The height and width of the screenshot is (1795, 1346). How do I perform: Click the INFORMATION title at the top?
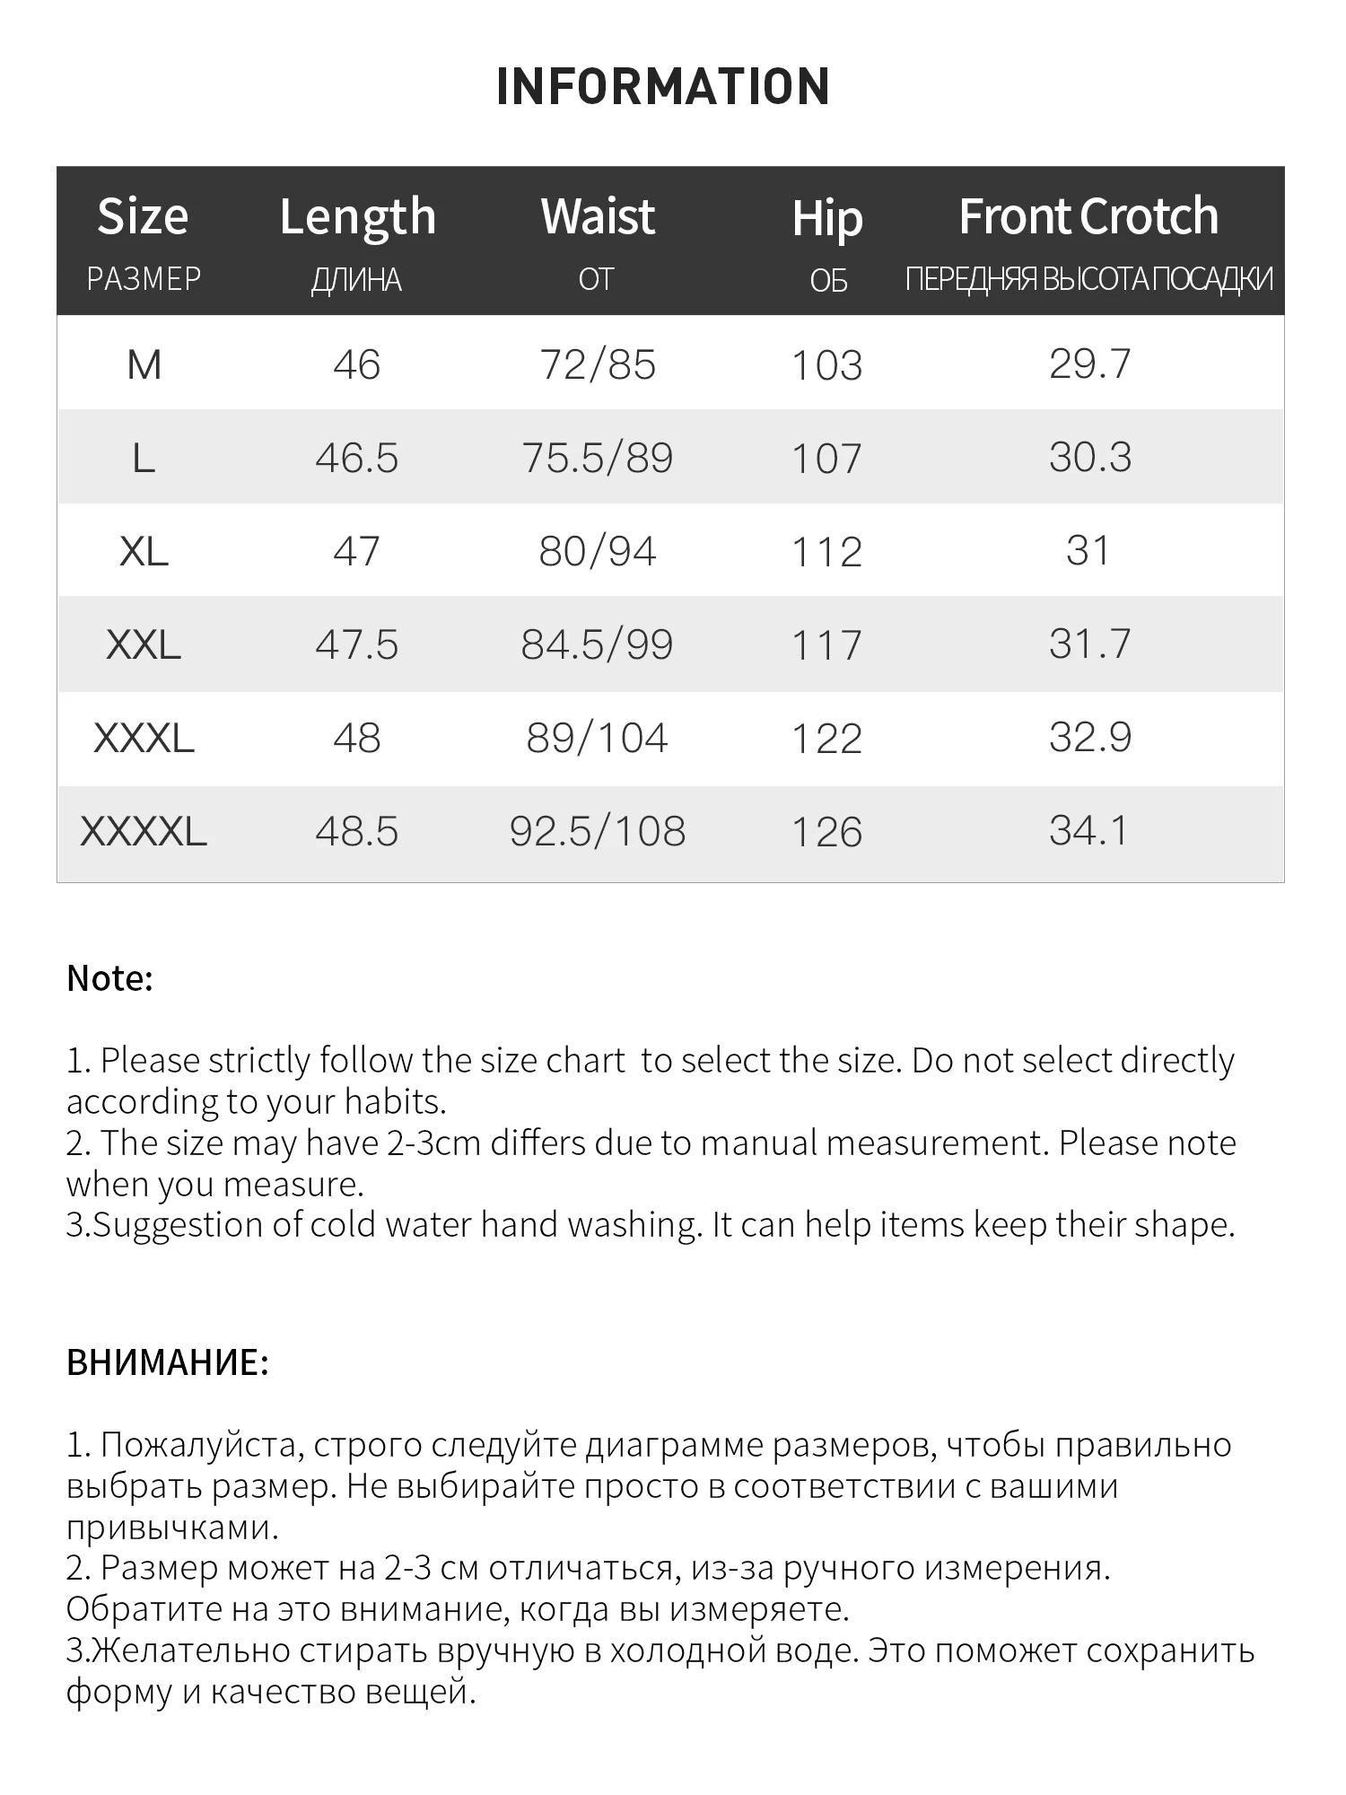(663, 87)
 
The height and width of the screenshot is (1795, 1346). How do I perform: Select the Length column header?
(357, 217)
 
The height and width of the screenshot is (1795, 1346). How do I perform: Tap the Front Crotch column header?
(1088, 217)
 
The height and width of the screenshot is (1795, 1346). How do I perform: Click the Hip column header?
(826, 219)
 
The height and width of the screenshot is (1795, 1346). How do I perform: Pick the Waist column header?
(598, 217)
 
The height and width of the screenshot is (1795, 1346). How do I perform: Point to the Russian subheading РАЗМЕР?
(144, 279)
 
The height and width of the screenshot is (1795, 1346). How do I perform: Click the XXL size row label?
(144, 644)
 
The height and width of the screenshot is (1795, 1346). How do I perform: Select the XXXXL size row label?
(144, 831)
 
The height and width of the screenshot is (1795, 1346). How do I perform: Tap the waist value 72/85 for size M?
(598, 365)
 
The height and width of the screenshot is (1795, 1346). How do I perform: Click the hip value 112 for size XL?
(826, 552)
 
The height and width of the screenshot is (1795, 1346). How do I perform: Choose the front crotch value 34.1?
(1089, 831)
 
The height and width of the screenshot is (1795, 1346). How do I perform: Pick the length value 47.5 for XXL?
(357, 644)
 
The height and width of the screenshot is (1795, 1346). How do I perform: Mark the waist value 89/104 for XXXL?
(598, 738)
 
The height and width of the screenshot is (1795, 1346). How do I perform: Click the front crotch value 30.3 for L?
(1089, 458)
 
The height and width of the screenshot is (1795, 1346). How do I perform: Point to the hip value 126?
(826, 832)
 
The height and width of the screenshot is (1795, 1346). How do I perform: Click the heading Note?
(109, 978)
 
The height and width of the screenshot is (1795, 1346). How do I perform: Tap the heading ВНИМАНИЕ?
(168, 1362)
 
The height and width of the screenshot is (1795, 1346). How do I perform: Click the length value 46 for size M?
(357, 365)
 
